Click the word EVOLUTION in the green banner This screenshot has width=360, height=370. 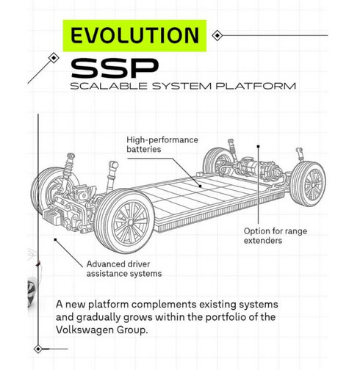(x=134, y=35)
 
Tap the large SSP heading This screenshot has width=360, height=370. (x=115, y=68)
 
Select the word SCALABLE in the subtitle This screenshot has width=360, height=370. (x=109, y=86)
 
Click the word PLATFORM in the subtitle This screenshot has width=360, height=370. (x=256, y=86)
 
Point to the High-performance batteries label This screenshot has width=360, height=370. (x=162, y=145)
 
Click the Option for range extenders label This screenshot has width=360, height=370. (x=276, y=236)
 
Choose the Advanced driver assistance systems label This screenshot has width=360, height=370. (x=124, y=269)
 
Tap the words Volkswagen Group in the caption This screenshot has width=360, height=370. (x=102, y=330)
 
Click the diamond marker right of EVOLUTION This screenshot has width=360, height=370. (x=217, y=35)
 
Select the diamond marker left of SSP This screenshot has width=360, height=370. (x=54, y=58)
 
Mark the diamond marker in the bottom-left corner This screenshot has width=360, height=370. (x=38, y=349)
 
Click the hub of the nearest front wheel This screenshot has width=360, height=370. (x=131, y=222)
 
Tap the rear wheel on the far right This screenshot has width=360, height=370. (x=308, y=184)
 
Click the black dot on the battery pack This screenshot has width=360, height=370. (x=200, y=186)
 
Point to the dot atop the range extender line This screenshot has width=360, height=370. (x=258, y=146)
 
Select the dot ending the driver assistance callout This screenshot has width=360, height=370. (x=55, y=239)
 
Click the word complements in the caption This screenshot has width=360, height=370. (x=164, y=305)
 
